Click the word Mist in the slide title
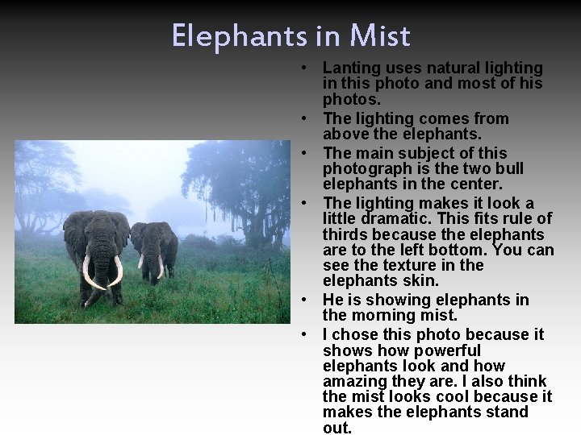coord(379,36)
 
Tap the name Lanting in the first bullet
coord(349,68)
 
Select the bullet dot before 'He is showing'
coord(306,300)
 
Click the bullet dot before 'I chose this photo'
coord(306,334)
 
